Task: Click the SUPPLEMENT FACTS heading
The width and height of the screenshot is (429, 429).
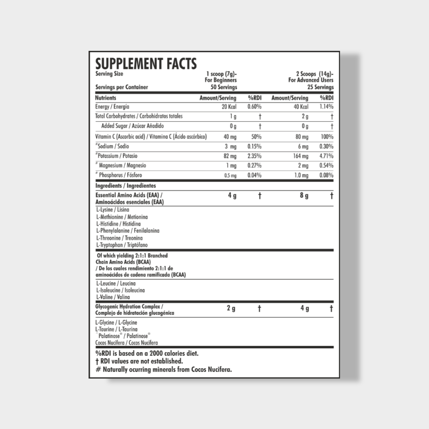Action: pos(146,64)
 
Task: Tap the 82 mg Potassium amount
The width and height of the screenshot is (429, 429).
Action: pos(230,156)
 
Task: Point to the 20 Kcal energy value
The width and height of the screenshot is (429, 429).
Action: pos(229,107)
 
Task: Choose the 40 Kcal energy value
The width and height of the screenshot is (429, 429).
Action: pos(301,107)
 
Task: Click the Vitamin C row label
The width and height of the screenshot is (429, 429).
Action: pos(151,137)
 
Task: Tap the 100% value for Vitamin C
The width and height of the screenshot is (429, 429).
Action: pos(327,137)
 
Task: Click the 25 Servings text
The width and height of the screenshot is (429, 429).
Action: pos(320,87)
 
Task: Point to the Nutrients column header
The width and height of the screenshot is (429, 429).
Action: pos(106,98)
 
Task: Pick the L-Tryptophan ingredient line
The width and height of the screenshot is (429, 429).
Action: pos(122,245)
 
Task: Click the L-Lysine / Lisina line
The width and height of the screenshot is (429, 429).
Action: pos(113,210)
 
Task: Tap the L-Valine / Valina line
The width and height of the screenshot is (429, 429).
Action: pos(113,297)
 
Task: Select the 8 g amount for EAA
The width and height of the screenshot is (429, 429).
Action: pos(304,196)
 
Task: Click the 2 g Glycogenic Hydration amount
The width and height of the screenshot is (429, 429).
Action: pos(231,308)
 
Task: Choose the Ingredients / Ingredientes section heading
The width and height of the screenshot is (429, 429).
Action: pos(126,186)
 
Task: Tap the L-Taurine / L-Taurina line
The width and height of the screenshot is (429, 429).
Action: pos(116,329)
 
